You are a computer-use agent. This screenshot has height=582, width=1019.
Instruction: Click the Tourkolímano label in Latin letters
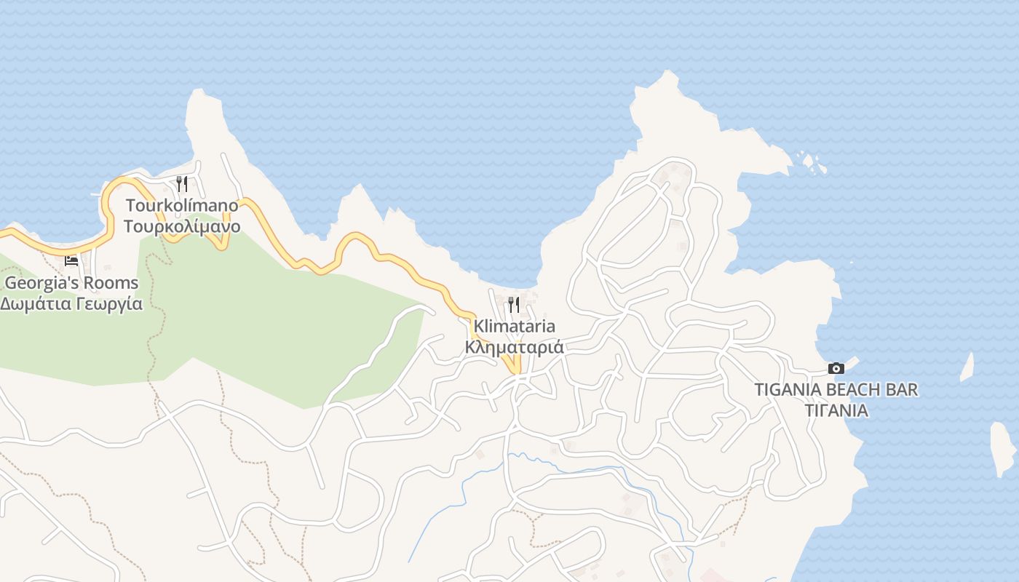[x=181, y=205]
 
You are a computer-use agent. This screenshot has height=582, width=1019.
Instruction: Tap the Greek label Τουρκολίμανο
[x=181, y=226]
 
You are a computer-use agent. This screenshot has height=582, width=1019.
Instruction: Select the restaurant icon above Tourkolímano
[x=182, y=183]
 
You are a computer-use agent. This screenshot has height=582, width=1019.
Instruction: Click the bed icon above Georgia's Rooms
[x=71, y=260]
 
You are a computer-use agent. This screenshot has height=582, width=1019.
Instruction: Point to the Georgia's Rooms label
[x=71, y=282]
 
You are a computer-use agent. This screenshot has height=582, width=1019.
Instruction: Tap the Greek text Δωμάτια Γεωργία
[x=71, y=304]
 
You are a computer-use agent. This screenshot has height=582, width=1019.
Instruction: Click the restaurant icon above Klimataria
[x=514, y=304]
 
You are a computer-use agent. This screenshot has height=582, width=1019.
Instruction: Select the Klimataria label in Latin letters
[x=514, y=326]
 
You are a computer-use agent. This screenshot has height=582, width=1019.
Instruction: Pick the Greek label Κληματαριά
[x=514, y=347]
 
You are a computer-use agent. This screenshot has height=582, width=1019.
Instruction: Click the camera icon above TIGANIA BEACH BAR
[x=836, y=368]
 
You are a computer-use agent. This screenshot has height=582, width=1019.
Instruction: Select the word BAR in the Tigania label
[x=903, y=389]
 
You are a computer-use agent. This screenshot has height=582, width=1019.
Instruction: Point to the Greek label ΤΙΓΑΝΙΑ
[x=836, y=410]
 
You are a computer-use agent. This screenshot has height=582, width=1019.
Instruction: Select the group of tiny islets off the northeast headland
[x=810, y=162]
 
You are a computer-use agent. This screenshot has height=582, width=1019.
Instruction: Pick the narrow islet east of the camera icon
[x=967, y=367]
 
